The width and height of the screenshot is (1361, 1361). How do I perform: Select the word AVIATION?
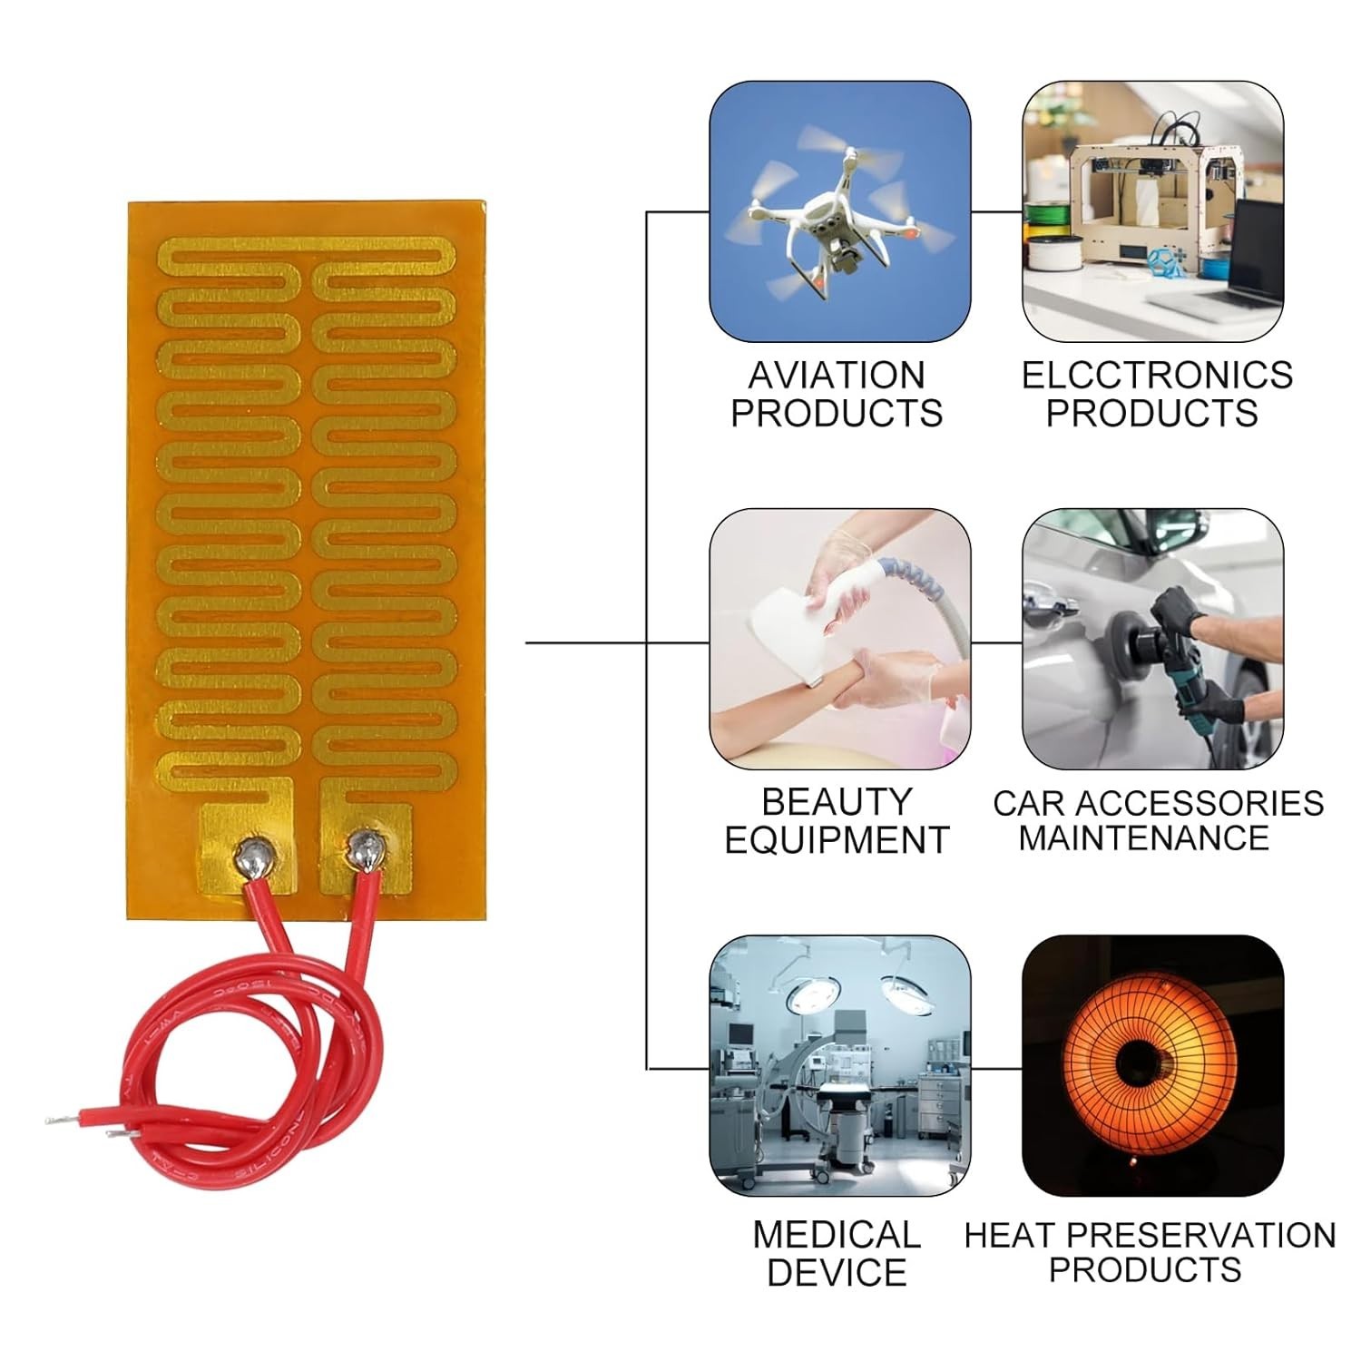click(x=836, y=376)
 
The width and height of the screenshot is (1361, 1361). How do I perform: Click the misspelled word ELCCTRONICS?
click(x=1157, y=376)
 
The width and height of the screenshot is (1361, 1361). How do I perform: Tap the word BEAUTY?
click(x=836, y=802)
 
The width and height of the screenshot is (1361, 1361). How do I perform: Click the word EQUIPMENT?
click(x=836, y=840)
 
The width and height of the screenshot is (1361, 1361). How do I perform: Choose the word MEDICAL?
click(x=836, y=1235)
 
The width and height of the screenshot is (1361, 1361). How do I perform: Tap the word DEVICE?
click(x=836, y=1272)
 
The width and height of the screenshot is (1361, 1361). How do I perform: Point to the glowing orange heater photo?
click(x=1152, y=1066)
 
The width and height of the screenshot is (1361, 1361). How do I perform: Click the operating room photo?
click(x=839, y=1066)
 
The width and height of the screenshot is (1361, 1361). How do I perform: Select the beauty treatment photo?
click(x=839, y=640)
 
